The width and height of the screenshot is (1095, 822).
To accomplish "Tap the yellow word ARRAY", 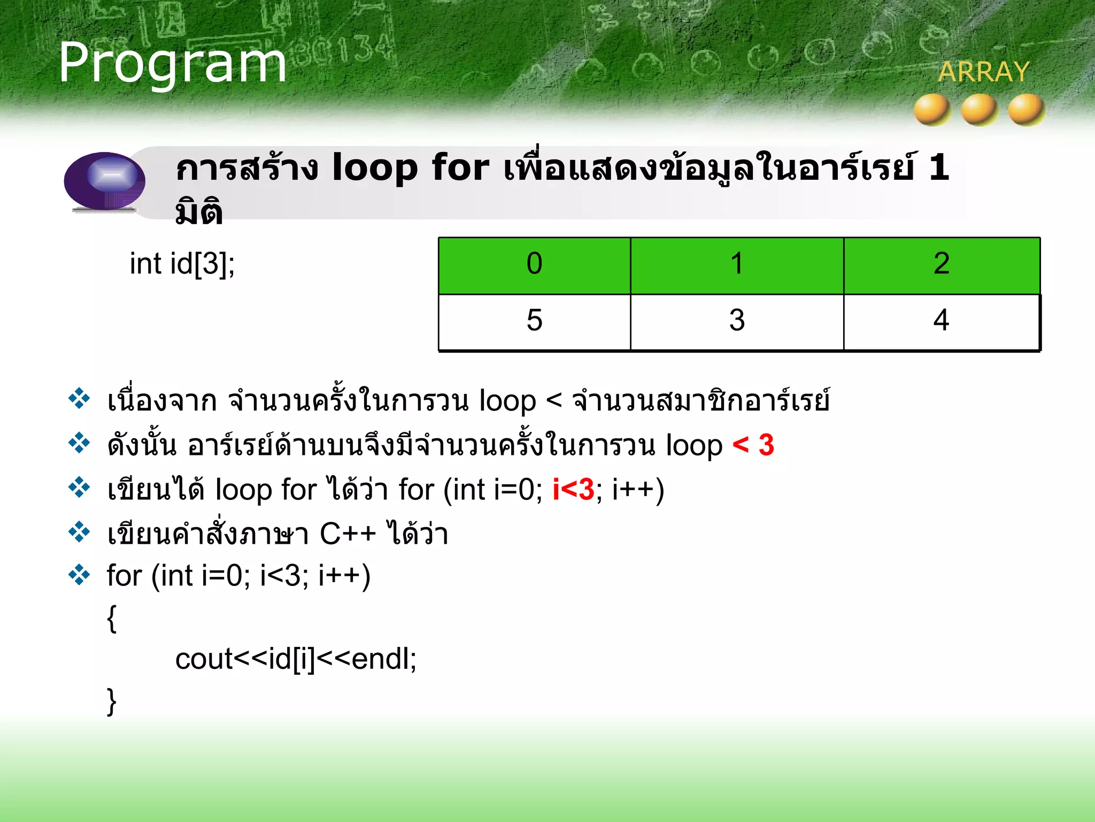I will click(983, 72).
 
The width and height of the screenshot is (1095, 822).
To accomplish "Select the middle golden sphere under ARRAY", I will click(978, 110).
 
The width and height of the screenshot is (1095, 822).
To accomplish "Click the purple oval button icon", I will click(105, 181).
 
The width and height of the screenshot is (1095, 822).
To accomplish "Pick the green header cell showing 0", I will click(534, 265).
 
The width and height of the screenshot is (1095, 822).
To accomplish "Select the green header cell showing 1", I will click(737, 265).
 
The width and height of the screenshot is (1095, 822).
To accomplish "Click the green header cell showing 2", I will click(942, 265).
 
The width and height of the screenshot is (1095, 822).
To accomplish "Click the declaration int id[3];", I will click(182, 264).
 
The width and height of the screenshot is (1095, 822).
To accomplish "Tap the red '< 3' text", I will click(753, 445).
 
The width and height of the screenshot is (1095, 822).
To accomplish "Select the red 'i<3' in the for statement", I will click(573, 490).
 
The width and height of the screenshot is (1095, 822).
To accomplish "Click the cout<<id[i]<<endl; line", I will click(295, 659).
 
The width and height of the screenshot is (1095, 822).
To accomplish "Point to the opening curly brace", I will click(112, 619).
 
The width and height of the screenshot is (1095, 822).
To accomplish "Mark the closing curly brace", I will click(112, 702).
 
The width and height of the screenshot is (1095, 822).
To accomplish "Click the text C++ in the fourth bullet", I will click(348, 534).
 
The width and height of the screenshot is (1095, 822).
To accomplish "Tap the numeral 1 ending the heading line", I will click(939, 168).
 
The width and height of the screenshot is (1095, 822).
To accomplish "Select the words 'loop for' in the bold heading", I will click(410, 168).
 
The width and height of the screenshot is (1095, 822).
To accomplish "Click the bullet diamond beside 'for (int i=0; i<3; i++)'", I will click(79, 575).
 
